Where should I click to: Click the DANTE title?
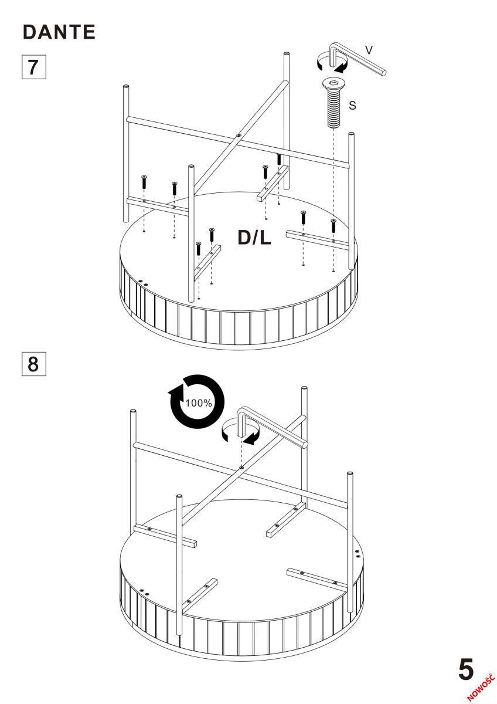coord(59,33)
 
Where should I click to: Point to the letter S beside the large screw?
coord(352,106)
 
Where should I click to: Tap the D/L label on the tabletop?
coord(254,236)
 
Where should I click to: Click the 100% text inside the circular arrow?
coord(199,402)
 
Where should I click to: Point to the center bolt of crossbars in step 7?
coord(238,136)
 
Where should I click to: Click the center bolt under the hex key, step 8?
coord(241,468)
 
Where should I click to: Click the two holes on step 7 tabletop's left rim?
coord(144,282)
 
